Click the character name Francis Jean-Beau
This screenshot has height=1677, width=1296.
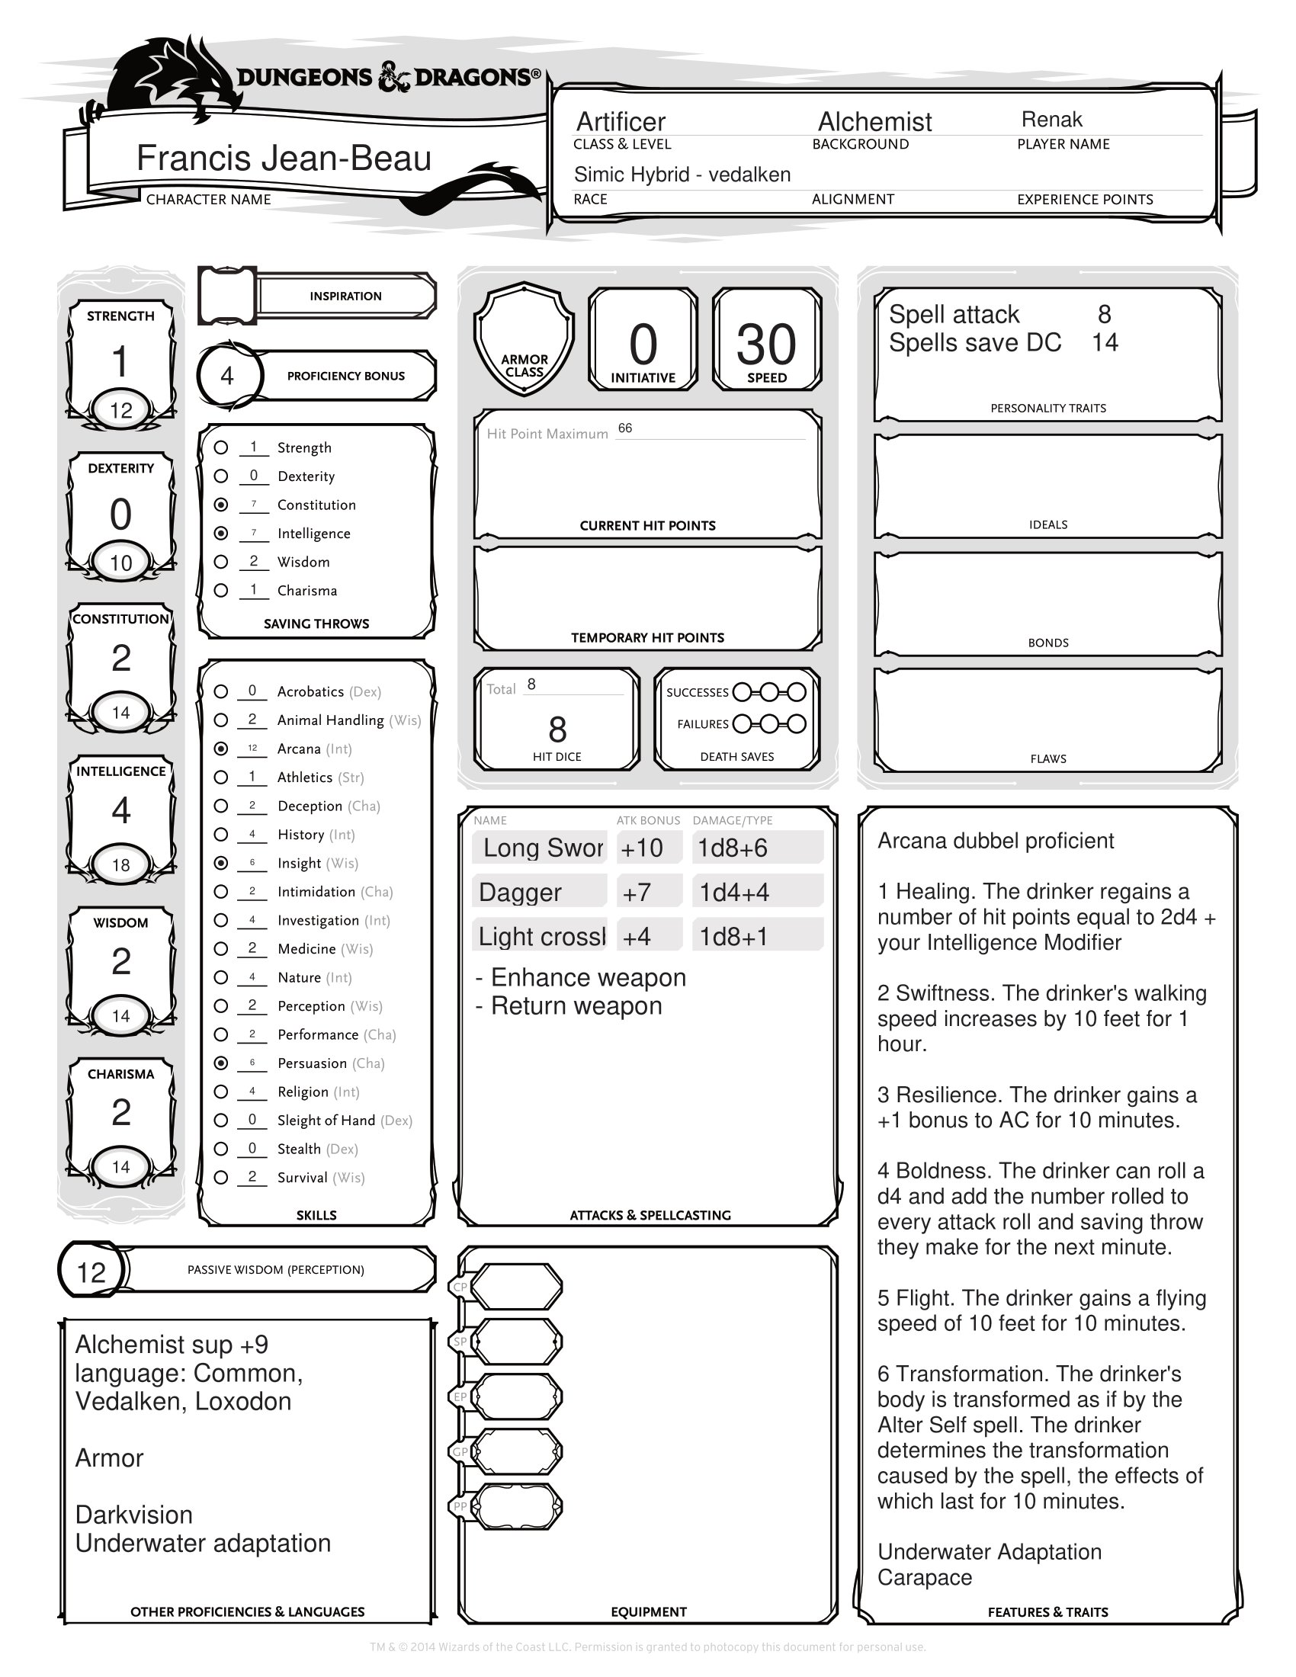coord(284,159)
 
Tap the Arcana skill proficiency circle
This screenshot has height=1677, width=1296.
coord(221,748)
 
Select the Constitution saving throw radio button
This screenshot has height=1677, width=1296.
coord(221,505)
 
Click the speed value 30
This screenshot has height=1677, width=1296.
coord(765,344)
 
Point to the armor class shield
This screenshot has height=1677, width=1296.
coord(524,338)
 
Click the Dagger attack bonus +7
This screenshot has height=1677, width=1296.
coord(637,893)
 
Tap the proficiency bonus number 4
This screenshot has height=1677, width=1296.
coord(227,376)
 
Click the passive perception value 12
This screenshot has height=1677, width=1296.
coord(91,1272)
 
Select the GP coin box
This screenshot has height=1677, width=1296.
coord(516,1452)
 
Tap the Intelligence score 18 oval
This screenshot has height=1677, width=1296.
coord(121,865)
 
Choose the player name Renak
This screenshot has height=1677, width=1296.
coord(1051,120)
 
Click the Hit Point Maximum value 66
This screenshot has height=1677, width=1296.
coord(625,428)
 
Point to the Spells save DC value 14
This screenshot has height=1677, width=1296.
coord(1105,342)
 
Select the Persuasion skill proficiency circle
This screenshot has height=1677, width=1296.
coord(221,1063)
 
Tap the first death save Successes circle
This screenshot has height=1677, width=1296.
coord(742,692)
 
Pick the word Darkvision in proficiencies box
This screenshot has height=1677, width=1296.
coord(133,1514)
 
